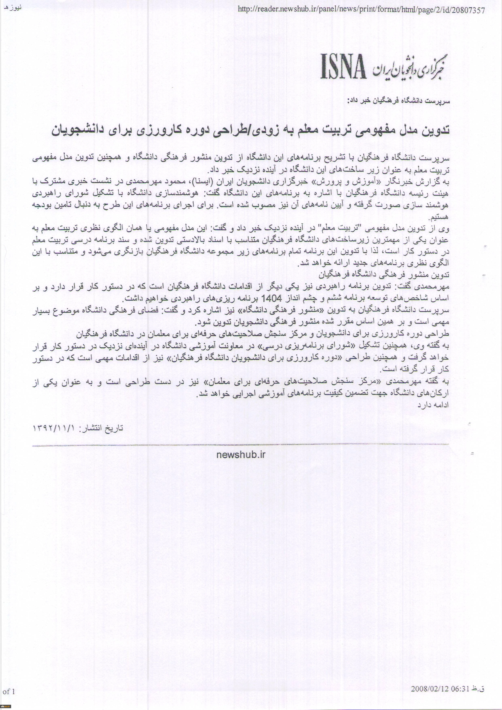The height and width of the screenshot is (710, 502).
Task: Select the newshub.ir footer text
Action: (x=241, y=455)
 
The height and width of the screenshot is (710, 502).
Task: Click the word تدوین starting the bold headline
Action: (x=436, y=130)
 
